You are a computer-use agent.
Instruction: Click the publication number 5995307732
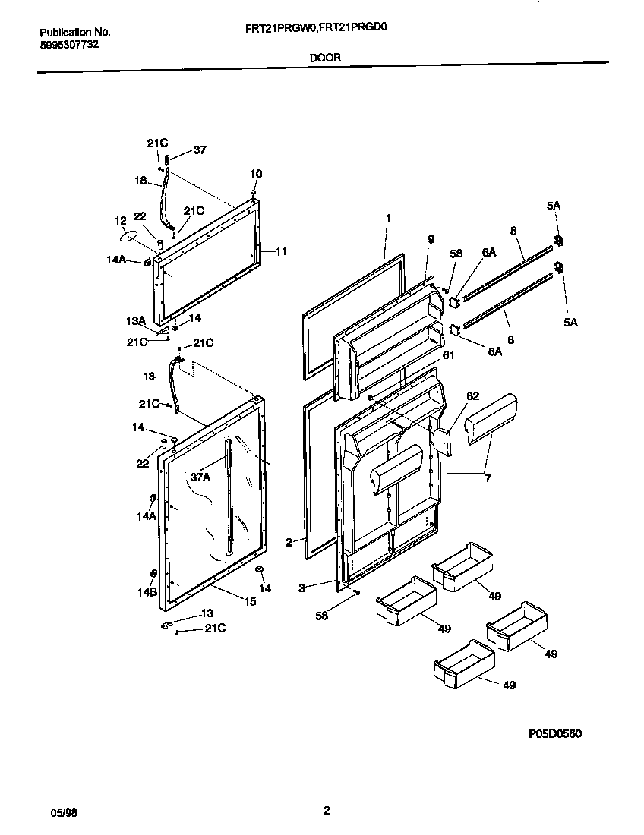pos(68,45)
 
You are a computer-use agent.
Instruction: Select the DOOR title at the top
pos(324,57)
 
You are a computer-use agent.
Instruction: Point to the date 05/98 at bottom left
pos(62,813)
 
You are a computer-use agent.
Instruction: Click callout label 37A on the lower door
pos(200,477)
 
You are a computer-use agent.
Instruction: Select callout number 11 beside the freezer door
pos(281,251)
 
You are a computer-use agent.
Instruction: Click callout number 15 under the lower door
pos(250,601)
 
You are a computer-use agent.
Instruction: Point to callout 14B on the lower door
pos(147,593)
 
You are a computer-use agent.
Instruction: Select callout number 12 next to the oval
pos(120,221)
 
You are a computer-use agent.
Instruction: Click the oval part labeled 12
pos(133,236)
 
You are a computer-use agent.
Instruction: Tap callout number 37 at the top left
pos(199,150)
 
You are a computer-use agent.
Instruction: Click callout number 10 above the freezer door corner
pos(256,174)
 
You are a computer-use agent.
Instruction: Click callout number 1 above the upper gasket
pos(387,218)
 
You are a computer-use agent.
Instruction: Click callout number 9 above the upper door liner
pos(431,239)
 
